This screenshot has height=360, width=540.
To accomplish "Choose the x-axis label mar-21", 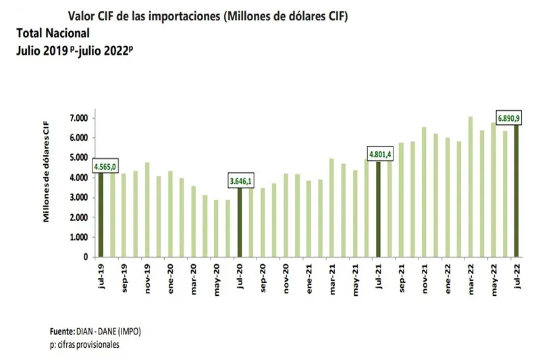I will tap(332, 277).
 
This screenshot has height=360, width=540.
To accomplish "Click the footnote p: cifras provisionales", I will tap(84, 344).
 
